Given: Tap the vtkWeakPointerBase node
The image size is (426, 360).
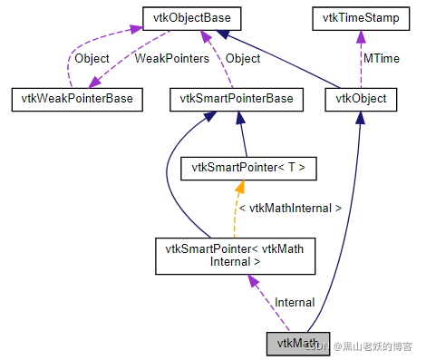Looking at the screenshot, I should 76,99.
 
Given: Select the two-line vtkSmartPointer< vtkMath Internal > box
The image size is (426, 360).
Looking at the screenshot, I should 236,255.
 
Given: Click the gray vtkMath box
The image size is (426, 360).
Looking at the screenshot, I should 297,344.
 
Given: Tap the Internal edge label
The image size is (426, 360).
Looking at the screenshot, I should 294,302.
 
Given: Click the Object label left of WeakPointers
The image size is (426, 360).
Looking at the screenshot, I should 91,58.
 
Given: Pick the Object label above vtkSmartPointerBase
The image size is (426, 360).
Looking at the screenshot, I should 242,58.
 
